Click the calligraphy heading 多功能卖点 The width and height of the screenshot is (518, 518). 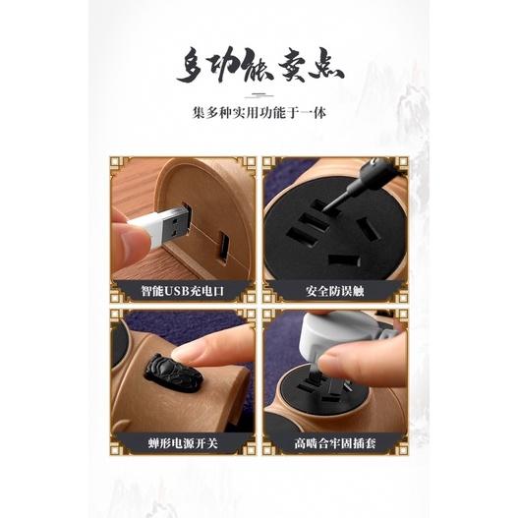(x=260, y=66)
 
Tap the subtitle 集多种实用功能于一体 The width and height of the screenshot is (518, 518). (x=259, y=113)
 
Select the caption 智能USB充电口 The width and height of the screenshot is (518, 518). (x=183, y=291)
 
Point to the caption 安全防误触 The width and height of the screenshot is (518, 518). (x=334, y=291)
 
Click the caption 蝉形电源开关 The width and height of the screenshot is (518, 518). (x=183, y=443)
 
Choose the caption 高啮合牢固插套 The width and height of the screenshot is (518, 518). (x=335, y=443)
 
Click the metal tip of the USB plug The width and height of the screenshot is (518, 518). (x=178, y=224)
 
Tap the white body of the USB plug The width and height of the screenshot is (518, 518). (x=147, y=228)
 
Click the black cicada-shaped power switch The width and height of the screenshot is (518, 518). (x=173, y=374)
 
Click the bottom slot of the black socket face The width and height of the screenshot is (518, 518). (x=344, y=260)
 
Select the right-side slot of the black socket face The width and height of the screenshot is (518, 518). (x=369, y=228)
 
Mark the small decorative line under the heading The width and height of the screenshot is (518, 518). (x=259, y=96)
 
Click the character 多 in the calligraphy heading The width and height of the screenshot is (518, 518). (x=192, y=66)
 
